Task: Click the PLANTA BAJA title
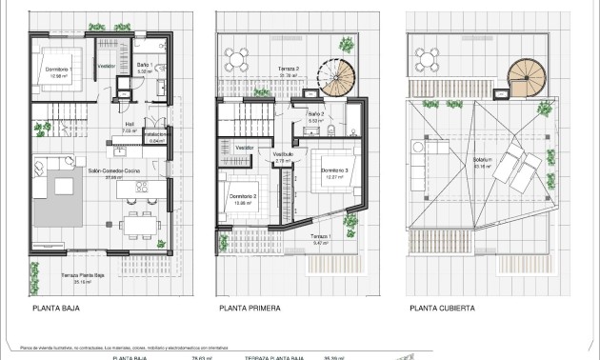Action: (x=55, y=309)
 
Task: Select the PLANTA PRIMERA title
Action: (x=250, y=309)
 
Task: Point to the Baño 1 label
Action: (x=145, y=66)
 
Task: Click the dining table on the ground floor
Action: (x=135, y=226)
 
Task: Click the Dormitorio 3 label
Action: (x=333, y=170)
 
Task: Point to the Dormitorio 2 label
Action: (x=244, y=197)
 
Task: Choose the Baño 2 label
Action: (x=316, y=115)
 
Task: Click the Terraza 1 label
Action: (x=321, y=237)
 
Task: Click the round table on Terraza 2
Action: (x=242, y=53)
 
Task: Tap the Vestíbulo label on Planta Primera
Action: (x=282, y=155)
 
